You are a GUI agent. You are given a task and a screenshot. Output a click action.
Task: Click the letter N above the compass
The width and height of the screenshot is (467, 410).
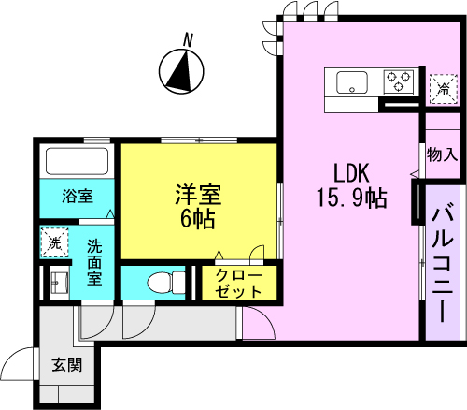coord(188,40)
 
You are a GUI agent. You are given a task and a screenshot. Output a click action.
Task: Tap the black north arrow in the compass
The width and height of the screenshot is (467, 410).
coord(180,72)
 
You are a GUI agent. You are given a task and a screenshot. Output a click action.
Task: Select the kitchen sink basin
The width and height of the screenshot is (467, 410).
coord(352,82)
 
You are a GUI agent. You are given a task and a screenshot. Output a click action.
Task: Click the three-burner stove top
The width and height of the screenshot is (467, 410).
coord(399,82)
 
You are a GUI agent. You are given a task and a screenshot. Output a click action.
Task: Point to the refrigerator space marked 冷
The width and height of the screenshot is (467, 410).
coord(444,89)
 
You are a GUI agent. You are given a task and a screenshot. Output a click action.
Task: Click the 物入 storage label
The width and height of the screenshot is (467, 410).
coord(442,154)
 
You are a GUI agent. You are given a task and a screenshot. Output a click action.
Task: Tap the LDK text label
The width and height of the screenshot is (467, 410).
coord(351,173)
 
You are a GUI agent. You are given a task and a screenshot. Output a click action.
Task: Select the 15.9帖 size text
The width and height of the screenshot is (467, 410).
coord(352,198)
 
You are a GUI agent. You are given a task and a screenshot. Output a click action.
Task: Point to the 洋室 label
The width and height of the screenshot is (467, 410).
coord(198,195)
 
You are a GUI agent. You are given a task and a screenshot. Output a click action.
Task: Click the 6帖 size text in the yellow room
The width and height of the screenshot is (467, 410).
coord(198,219)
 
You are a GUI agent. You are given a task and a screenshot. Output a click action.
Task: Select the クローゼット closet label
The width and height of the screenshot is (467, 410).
coord(239,283)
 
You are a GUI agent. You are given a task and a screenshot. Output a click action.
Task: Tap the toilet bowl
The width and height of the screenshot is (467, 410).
coord(166,283)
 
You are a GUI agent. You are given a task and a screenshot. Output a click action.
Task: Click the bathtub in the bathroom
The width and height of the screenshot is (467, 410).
coord(77,161)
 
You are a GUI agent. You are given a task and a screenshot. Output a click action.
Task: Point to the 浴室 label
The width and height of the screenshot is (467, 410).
coord(78,196)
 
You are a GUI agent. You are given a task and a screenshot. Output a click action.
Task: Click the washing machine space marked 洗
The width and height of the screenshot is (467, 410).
coord(54,242)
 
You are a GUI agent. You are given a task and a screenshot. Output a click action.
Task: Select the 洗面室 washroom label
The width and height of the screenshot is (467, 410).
coord(94,262)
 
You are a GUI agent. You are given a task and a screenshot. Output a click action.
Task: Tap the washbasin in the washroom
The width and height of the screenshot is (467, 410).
coord(60,283)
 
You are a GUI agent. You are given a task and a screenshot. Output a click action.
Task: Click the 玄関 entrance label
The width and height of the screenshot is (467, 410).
coord(67,364)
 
